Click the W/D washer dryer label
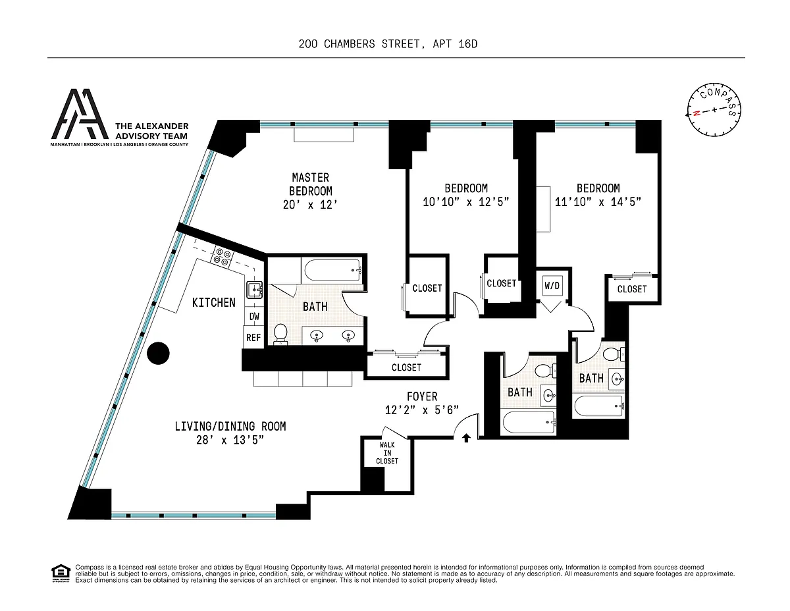pyautogui.click(x=552, y=286)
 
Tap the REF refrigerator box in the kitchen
pyautogui.click(x=253, y=337)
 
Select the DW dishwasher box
pyautogui.click(x=254, y=316)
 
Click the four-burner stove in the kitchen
pyautogui.click(x=222, y=257)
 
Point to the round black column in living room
pyautogui.click(x=158, y=353)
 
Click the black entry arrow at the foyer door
pyautogui.click(x=466, y=438)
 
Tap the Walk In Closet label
pyautogui.click(x=387, y=453)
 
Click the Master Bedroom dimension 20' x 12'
pyautogui.click(x=310, y=205)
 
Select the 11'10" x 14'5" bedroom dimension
pyautogui.click(x=598, y=201)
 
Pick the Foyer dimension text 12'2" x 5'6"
pyautogui.click(x=422, y=410)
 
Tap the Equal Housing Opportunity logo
pyautogui.click(x=61, y=573)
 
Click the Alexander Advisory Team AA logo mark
pyautogui.click(x=80, y=114)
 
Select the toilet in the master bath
pyautogui.click(x=280, y=334)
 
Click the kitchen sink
pyautogui.click(x=255, y=290)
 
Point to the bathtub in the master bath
pyautogui.click(x=332, y=270)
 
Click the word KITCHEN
pyautogui.click(x=214, y=302)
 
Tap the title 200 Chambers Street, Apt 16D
pyautogui.click(x=388, y=44)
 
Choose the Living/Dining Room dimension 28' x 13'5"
pyautogui.click(x=230, y=440)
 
